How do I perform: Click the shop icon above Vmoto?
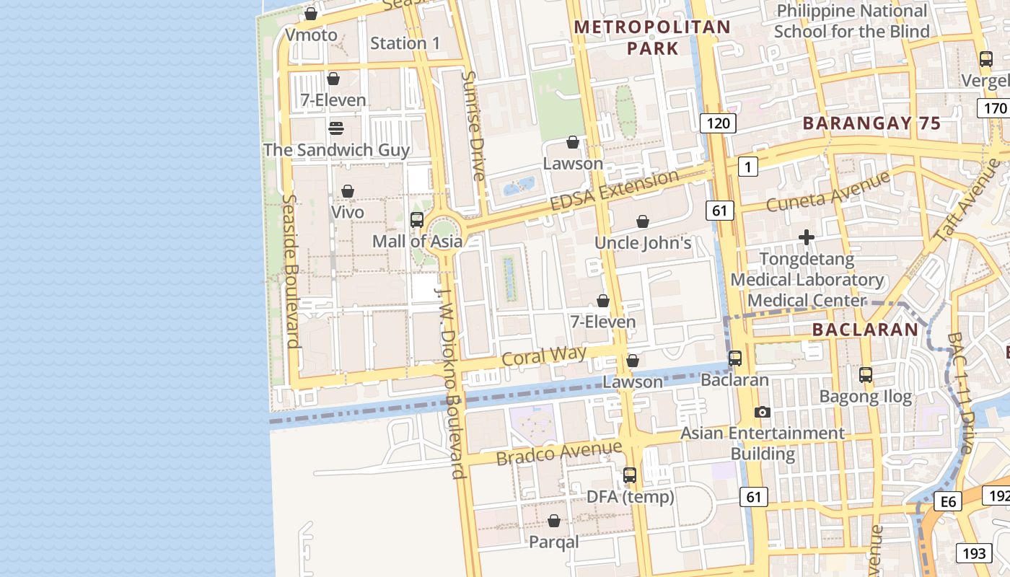[311, 14]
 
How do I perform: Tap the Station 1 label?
[405, 43]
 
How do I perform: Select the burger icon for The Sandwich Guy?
[336, 128]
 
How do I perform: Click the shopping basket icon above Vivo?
[348, 191]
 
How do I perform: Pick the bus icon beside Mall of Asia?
[417, 220]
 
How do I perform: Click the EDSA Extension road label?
[614, 190]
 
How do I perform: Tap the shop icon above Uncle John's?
[643, 221]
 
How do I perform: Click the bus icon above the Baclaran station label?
[735, 358]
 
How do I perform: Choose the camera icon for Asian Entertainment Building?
[763, 412]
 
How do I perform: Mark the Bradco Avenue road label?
[558, 452]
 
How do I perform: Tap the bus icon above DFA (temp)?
[630, 475]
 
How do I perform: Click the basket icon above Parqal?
[554, 521]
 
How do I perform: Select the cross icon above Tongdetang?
[807, 237]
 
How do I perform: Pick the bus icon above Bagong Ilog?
[866, 375]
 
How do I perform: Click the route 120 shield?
[718, 123]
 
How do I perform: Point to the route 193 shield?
[974, 553]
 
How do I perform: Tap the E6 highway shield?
[947, 501]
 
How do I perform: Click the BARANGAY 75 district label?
[871, 123]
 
